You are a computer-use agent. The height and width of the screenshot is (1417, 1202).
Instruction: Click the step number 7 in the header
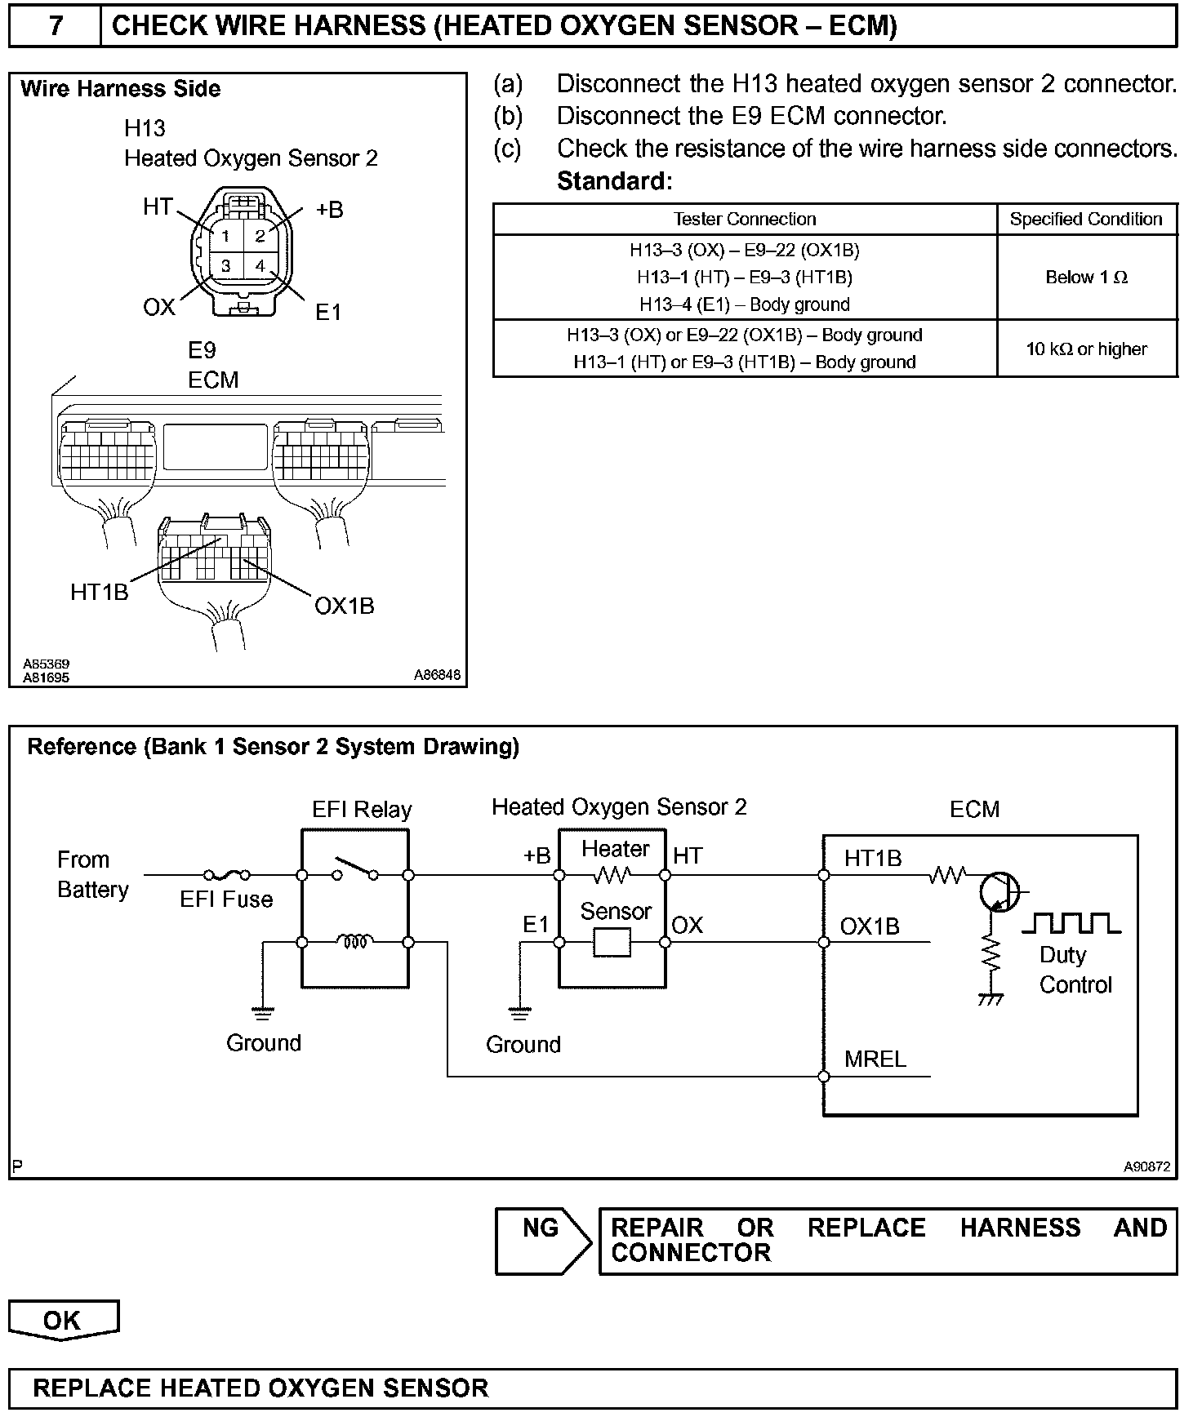point(55,26)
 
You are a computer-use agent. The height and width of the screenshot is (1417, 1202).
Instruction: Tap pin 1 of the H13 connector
point(225,237)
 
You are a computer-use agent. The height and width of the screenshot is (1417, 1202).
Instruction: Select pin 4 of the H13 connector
point(260,266)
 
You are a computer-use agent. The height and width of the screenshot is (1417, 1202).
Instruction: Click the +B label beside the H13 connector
point(329,210)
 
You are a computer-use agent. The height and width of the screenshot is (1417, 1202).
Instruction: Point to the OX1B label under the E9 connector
point(344,606)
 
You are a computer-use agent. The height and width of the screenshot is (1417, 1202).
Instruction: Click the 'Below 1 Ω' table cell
point(1086,278)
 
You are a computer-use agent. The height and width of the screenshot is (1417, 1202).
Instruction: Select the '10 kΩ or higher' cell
point(1086,349)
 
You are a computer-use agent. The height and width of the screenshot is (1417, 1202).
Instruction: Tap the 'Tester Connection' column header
point(744,219)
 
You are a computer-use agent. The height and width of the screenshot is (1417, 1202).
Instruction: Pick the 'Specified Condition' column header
point(1085,219)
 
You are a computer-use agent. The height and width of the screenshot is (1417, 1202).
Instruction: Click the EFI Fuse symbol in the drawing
point(226,875)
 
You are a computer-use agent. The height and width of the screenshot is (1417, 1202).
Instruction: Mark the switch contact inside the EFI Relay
point(354,870)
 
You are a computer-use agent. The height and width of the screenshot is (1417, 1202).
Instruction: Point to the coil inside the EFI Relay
point(355,942)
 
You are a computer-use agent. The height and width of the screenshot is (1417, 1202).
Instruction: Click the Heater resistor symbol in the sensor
point(612,875)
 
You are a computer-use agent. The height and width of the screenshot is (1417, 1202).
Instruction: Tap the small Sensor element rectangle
point(612,943)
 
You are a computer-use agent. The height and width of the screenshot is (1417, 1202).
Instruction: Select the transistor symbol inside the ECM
point(999,891)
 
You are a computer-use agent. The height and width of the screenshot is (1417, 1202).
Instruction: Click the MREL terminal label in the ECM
point(875,1059)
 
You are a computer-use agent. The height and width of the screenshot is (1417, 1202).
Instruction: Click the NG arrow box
point(542,1241)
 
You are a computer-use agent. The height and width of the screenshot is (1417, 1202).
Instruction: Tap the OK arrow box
point(64,1320)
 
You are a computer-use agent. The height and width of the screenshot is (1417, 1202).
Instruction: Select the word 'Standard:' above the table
point(614,181)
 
